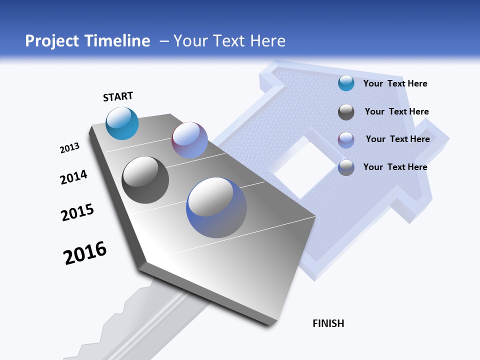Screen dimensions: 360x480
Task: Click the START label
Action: tap(118, 96)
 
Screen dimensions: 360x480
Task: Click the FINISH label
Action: tap(328, 323)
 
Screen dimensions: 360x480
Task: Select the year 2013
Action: tap(69, 148)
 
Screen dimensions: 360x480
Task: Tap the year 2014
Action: tap(73, 177)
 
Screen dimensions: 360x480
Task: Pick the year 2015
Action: tap(77, 212)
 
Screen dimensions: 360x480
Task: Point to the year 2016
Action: tap(85, 252)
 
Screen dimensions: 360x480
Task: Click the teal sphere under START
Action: tap(122, 123)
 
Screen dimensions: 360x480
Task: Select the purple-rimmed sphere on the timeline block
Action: tap(189, 139)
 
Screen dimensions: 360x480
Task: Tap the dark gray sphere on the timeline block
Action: tap(145, 180)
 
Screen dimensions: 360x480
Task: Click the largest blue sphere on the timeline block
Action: tap(216, 207)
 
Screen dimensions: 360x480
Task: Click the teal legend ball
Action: tap(346, 83)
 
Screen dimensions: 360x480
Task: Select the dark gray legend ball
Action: tap(346, 112)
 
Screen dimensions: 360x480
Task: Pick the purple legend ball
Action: tap(346, 139)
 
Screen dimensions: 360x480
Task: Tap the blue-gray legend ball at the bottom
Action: tap(346, 167)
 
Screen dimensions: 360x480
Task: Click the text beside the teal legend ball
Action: tap(395, 83)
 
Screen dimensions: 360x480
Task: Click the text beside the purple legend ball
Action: tap(397, 139)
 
